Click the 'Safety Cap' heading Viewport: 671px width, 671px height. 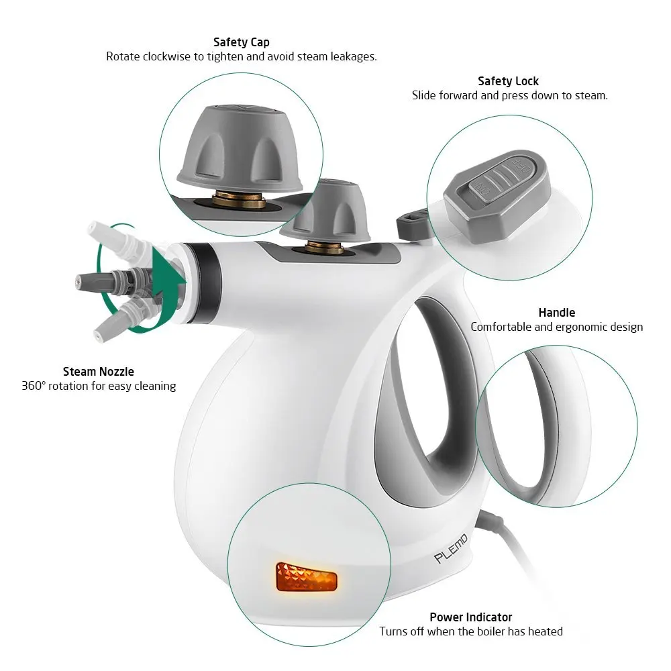(241, 42)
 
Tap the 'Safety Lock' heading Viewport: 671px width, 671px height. (508, 81)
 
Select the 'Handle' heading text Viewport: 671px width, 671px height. (556, 313)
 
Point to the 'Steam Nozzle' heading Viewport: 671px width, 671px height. (99, 371)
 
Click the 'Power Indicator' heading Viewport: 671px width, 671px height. (470, 617)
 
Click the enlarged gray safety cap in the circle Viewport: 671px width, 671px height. (240, 148)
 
